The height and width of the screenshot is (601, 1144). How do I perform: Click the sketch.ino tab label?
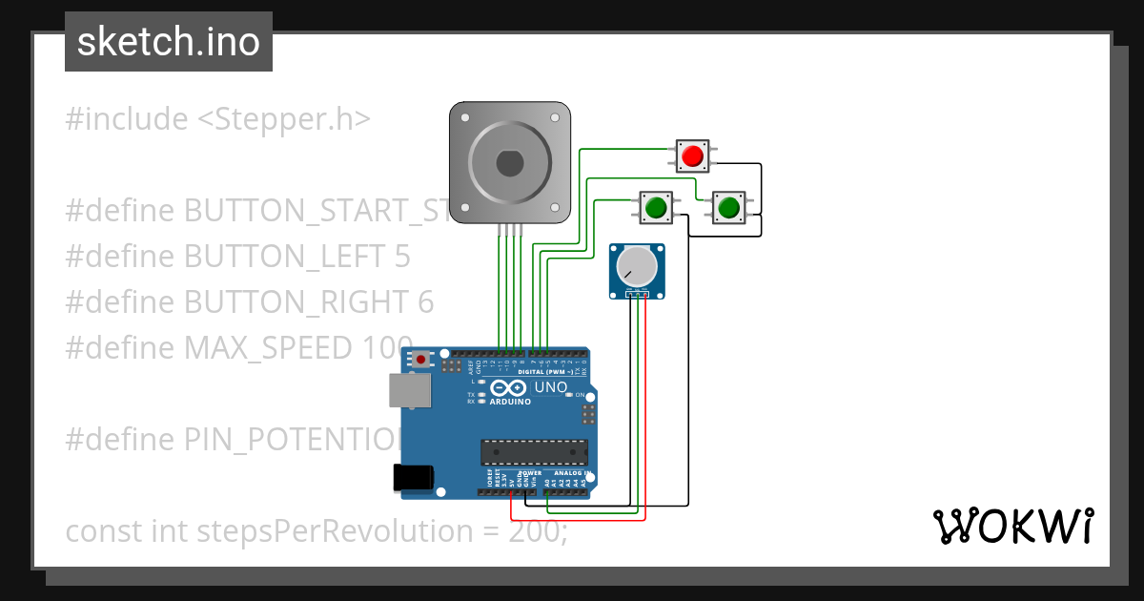pos(169,42)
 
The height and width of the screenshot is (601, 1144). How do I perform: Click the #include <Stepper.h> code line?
pos(217,119)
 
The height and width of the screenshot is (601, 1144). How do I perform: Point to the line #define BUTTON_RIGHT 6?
pos(249,301)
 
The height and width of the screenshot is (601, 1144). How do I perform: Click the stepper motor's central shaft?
pos(510,163)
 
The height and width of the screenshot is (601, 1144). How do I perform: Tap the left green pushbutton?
pos(655,207)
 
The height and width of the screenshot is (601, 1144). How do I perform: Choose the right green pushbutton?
pos(728,207)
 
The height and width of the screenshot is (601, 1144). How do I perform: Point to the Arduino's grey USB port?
pos(410,390)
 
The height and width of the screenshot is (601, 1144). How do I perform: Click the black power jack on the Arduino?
pos(415,476)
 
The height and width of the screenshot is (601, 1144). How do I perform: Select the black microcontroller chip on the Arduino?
pos(533,451)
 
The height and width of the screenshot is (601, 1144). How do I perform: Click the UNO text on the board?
pos(550,388)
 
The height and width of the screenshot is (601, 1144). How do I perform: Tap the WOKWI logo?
pos(1012,526)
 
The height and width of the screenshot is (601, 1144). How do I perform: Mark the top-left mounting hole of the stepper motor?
pos(464,118)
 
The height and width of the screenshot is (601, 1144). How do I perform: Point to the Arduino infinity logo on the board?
pos(510,388)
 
